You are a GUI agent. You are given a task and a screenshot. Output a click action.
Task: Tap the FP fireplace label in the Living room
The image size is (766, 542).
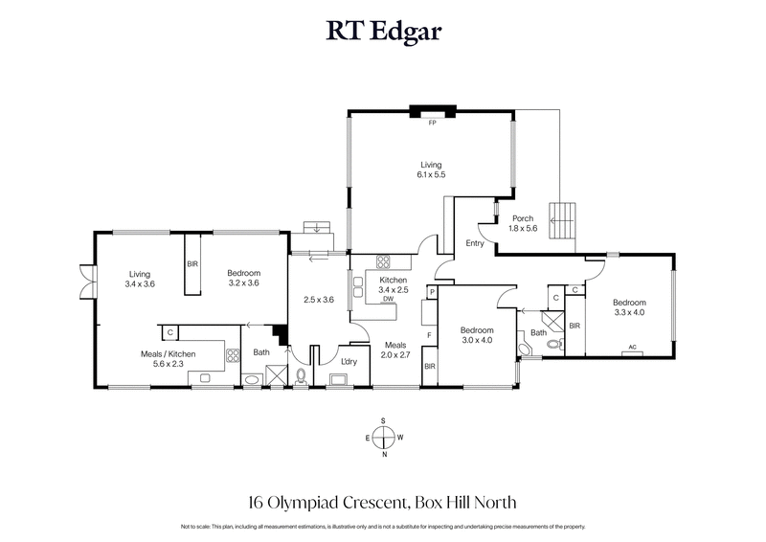[x=432, y=124]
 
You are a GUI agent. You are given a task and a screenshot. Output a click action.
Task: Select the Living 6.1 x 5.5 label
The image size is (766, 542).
[x=431, y=170]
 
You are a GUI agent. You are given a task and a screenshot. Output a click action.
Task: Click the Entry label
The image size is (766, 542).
[x=473, y=243]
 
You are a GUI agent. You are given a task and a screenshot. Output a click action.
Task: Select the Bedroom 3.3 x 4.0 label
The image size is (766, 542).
[x=629, y=306]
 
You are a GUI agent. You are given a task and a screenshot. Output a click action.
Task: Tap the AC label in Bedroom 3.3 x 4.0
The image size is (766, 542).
[x=631, y=347]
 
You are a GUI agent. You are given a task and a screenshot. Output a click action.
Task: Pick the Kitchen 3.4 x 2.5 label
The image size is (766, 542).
[x=394, y=284]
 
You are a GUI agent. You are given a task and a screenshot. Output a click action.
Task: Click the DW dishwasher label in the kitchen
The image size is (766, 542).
[x=389, y=299]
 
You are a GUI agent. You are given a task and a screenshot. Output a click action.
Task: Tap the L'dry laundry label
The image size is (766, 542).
[x=349, y=361]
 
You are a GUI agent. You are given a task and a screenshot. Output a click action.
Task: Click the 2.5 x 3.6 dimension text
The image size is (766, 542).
[x=317, y=300]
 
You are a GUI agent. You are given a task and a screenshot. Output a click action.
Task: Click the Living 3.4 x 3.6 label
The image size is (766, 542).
[x=140, y=279]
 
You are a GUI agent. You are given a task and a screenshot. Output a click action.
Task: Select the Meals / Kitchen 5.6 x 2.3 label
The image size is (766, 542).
[x=168, y=359]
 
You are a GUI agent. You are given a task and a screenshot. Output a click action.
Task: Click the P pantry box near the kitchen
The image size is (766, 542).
[x=433, y=291]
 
